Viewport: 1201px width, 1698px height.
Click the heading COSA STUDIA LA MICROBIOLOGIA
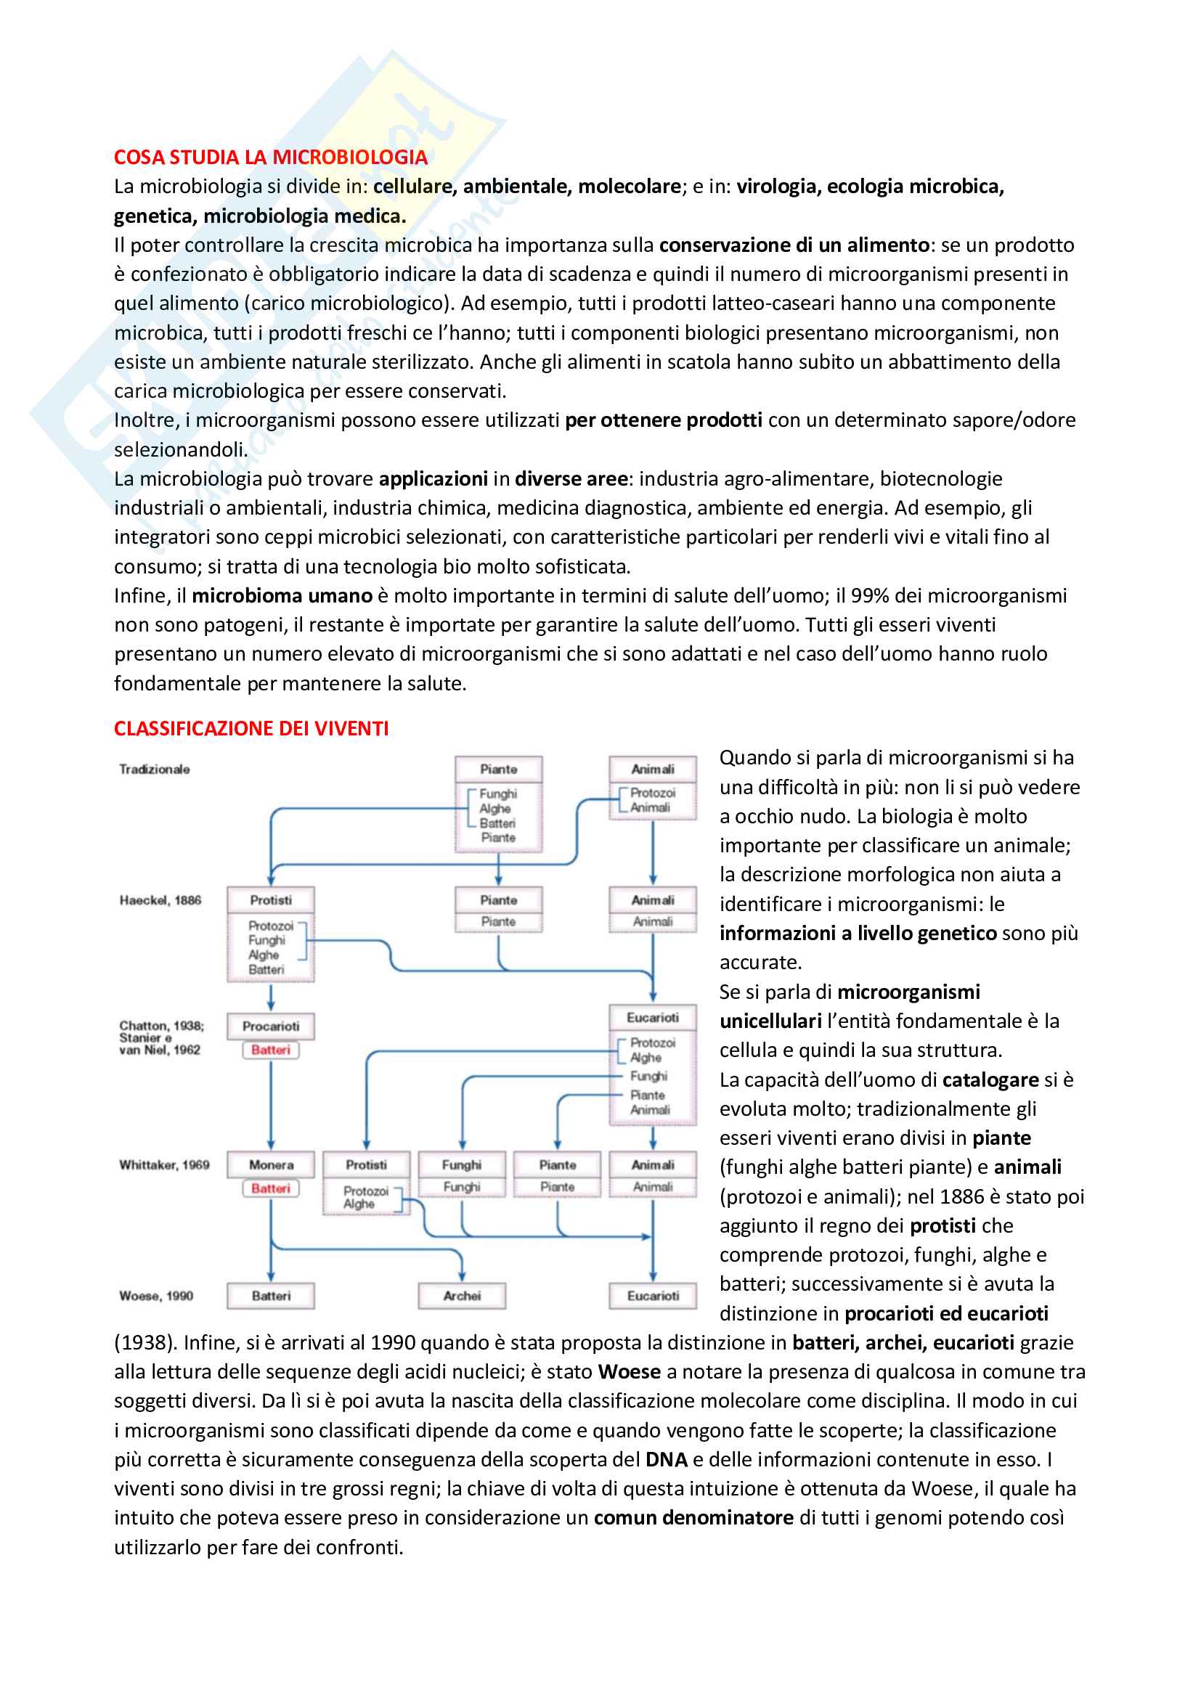point(271,158)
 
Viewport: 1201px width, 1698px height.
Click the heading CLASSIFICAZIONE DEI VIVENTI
point(251,728)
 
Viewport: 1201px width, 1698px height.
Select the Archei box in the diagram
point(462,1296)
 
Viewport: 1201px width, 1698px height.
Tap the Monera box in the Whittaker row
point(271,1164)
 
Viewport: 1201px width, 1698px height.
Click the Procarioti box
point(271,1026)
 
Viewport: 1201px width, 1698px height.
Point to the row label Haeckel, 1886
point(160,900)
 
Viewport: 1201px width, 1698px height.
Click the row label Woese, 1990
point(156,1296)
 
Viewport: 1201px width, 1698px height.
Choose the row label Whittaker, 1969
point(164,1164)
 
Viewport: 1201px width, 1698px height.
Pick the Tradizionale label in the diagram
point(155,769)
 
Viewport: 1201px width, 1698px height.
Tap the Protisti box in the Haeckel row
point(271,900)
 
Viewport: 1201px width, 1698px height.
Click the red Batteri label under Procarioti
point(271,1050)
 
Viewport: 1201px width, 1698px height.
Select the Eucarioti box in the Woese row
point(652,1296)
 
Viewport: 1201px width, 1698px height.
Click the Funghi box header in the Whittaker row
point(462,1164)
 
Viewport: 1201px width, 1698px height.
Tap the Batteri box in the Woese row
point(271,1296)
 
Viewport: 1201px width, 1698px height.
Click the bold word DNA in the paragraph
point(667,1460)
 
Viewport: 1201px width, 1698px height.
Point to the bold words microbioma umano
point(282,596)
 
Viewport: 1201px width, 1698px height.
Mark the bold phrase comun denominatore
point(693,1518)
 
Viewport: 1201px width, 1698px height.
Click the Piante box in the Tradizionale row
point(498,769)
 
